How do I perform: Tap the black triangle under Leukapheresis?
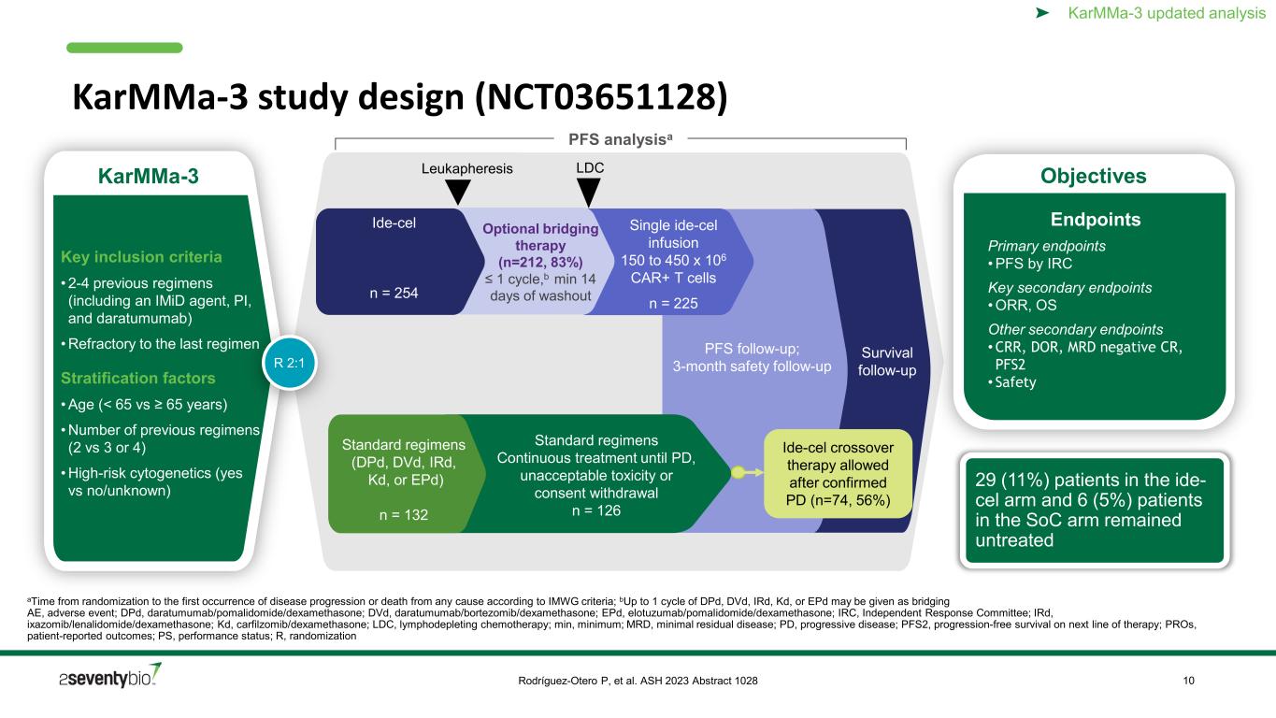(x=457, y=193)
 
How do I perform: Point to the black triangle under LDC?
(x=588, y=193)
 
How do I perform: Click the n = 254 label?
(x=394, y=293)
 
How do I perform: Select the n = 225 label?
(x=673, y=303)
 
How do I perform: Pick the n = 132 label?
(x=403, y=515)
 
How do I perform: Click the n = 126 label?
(x=596, y=510)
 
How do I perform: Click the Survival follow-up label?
(x=887, y=362)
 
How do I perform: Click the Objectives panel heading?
(x=1094, y=176)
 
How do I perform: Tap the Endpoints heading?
(x=1095, y=220)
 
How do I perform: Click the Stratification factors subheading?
(x=138, y=379)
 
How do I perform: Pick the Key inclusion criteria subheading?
(x=141, y=257)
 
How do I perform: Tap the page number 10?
(x=1189, y=681)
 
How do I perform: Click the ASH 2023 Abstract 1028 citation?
(x=638, y=681)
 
